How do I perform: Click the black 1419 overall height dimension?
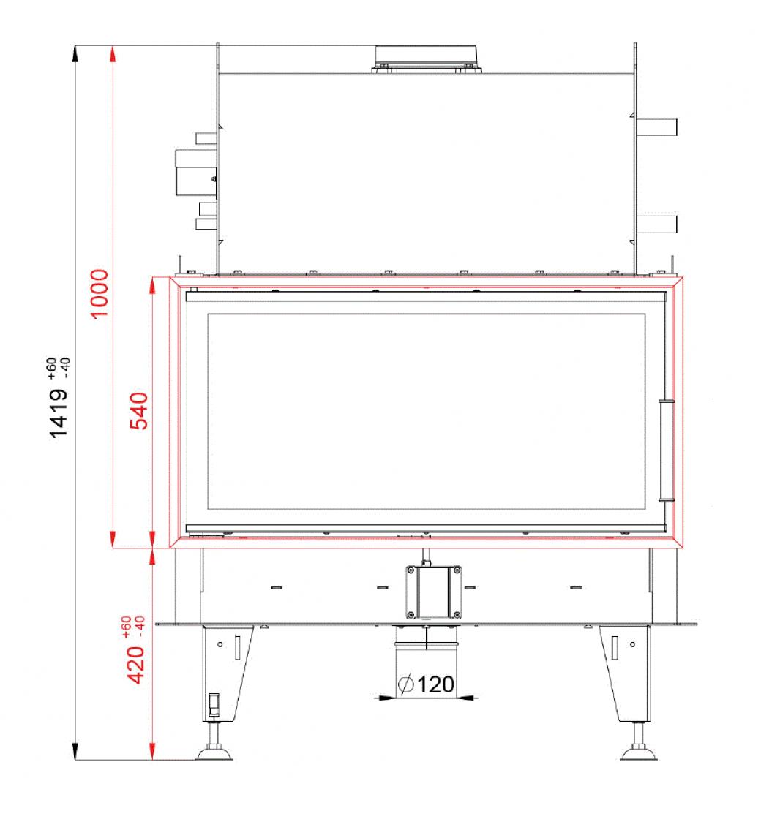[59, 413]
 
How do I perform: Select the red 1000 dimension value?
[100, 293]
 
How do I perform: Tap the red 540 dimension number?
[138, 411]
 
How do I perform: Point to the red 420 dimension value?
[136, 665]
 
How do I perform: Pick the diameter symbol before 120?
[406, 684]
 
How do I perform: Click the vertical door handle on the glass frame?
[667, 450]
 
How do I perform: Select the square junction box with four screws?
[433, 592]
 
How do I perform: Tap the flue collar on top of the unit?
[427, 59]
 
